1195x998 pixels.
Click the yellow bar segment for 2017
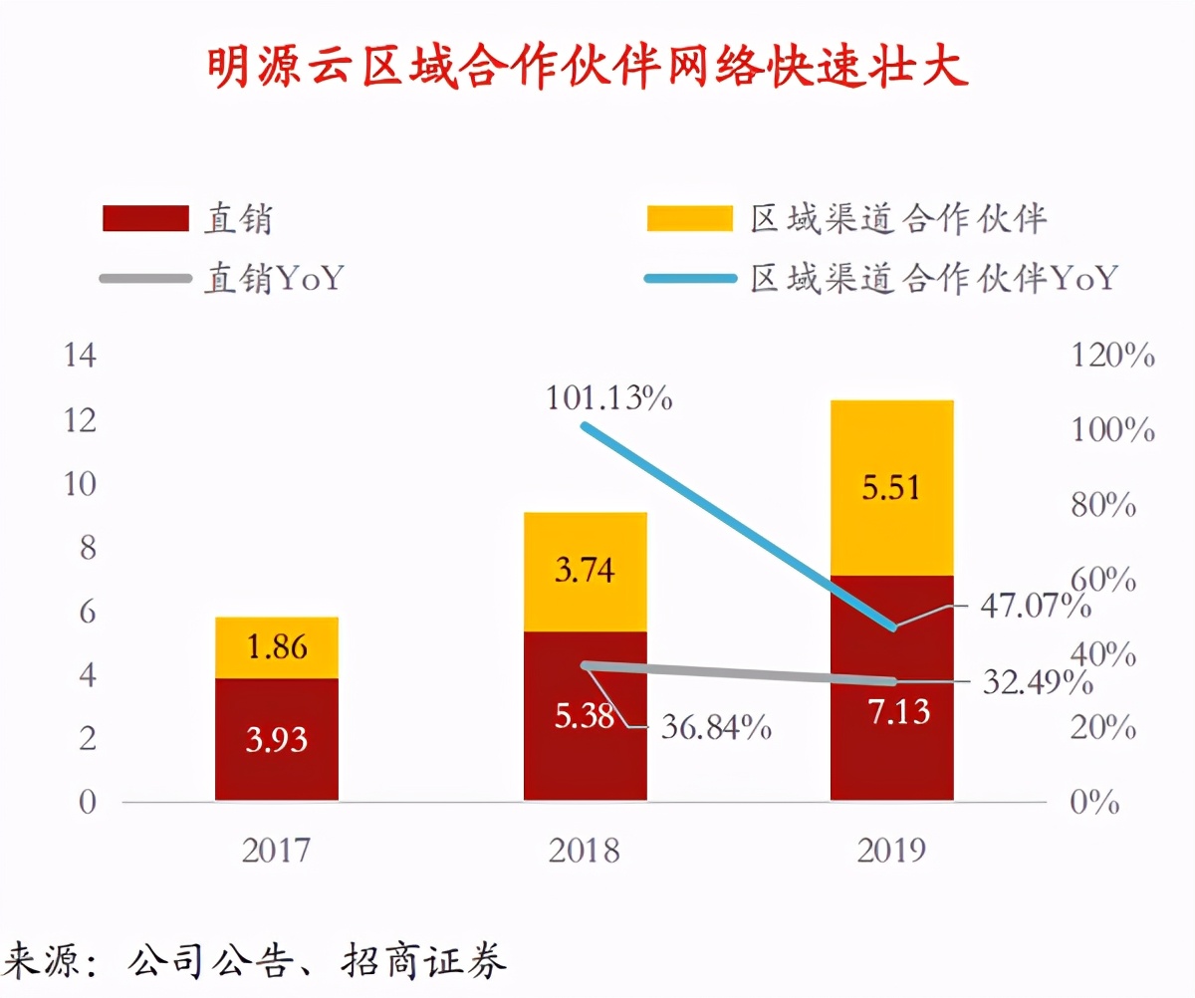[x=277, y=647]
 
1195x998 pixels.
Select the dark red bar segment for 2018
[x=586, y=715]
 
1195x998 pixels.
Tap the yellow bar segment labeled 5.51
[x=892, y=488]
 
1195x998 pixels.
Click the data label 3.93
[x=276, y=740]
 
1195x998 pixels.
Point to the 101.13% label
[x=609, y=398]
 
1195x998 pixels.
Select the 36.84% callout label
[x=717, y=727]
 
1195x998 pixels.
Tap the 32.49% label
[x=1036, y=682]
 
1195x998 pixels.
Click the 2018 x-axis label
[x=585, y=851]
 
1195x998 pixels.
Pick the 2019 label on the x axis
[x=891, y=851]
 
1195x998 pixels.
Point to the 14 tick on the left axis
[x=81, y=356]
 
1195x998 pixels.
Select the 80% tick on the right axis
[x=1103, y=505]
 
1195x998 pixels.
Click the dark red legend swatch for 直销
[x=145, y=218]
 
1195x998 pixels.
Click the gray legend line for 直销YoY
[x=145, y=278]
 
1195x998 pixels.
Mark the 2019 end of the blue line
[x=892, y=626]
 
